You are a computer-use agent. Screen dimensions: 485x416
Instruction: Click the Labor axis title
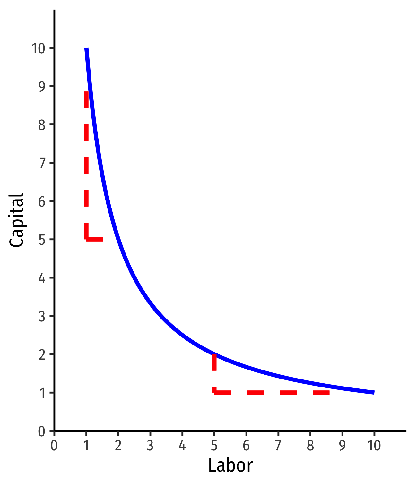tap(230, 465)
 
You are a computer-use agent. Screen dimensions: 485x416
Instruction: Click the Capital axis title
tap(17, 220)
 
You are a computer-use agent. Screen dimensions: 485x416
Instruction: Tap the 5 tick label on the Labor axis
tap(214, 446)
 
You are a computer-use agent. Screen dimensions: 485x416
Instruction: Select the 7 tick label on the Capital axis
tap(42, 163)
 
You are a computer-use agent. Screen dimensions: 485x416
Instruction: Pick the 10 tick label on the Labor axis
tap(374, 446)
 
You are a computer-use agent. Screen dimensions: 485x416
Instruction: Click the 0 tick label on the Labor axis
tap(54, 446)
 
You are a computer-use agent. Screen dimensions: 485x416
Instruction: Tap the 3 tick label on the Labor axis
tap(150, 446)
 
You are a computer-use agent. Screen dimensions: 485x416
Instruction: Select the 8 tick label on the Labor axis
tap(310, 446)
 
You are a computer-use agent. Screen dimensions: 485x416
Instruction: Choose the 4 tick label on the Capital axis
tap(42, 278)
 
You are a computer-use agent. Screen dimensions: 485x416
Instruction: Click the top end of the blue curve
tap(86, 49)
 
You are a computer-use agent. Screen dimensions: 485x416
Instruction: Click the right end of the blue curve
tap(373, 392)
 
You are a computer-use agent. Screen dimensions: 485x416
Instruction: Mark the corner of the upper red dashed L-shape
tap(86, 239)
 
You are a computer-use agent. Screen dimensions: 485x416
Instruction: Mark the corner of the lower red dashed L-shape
tap(214, 392)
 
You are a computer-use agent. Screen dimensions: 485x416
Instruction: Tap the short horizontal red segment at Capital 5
tap(94, 239)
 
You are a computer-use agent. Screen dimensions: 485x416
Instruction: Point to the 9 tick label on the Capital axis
tap(42, 87)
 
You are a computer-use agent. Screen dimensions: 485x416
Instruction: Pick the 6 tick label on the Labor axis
tap(246, 446)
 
